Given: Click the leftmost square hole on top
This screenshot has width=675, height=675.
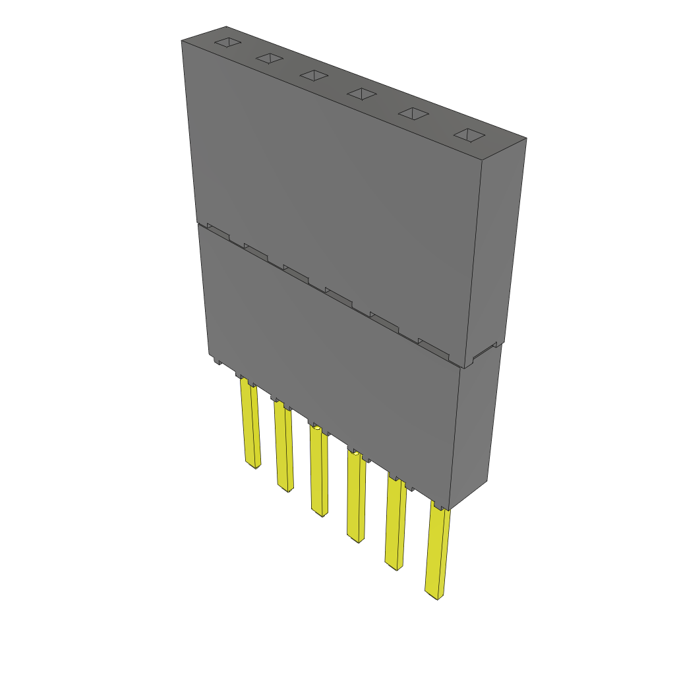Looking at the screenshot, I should pyautogui.click(x=226, y=44).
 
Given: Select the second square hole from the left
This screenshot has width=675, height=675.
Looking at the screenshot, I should pyautogui.click(x=270, y=59).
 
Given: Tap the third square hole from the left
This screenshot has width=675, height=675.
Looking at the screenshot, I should pyautogui.click(x=314, y=76).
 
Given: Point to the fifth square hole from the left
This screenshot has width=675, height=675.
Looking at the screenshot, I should pyautogui.click(x=413, y=114).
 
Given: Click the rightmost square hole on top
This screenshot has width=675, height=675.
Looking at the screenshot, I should pyautogui.click(x=469, y=135).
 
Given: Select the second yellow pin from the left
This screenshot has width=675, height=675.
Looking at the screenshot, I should pyautogui.click(x=284, y=449).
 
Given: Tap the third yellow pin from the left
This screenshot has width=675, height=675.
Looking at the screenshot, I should pyautogui.click(x=319, y=472).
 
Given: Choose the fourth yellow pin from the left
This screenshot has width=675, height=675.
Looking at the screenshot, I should pyautogui.click(x=356, y=498).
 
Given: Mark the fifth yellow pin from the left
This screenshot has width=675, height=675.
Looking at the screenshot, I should pyautogui.click(x=396, y=524).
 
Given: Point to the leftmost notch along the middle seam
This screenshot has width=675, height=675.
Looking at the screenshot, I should pyautogui.click(x=219, y=231).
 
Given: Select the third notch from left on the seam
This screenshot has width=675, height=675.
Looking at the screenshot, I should pyautogui.click(x=297, y=272).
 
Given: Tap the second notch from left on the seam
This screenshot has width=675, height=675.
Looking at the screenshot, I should pyautogui.click(x=256, y=251).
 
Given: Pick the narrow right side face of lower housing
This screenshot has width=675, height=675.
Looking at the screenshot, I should pyautogui.click(x=476, y=428).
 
